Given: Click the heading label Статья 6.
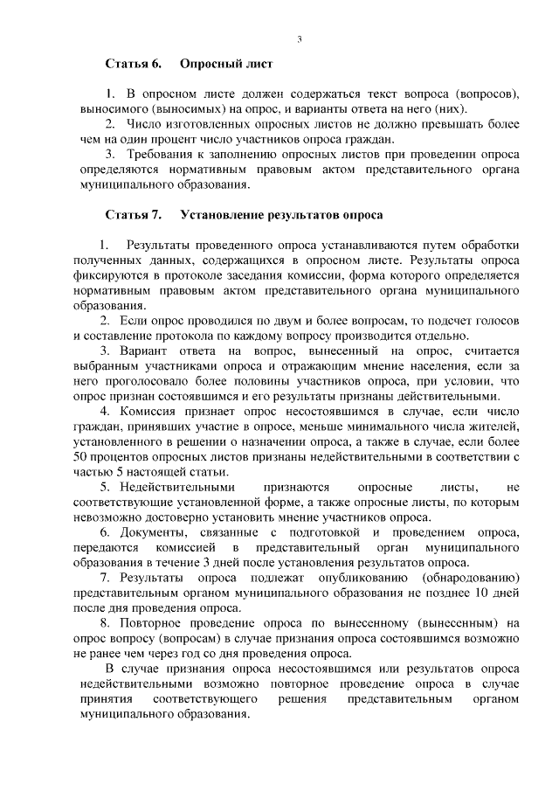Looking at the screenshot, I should pyautogui.click(x=134, y=65).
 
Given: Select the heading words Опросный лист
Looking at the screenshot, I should pyautogui.click(x=226, y=65).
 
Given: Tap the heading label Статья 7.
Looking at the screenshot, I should pyautogui.click(x=134, y=213).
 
